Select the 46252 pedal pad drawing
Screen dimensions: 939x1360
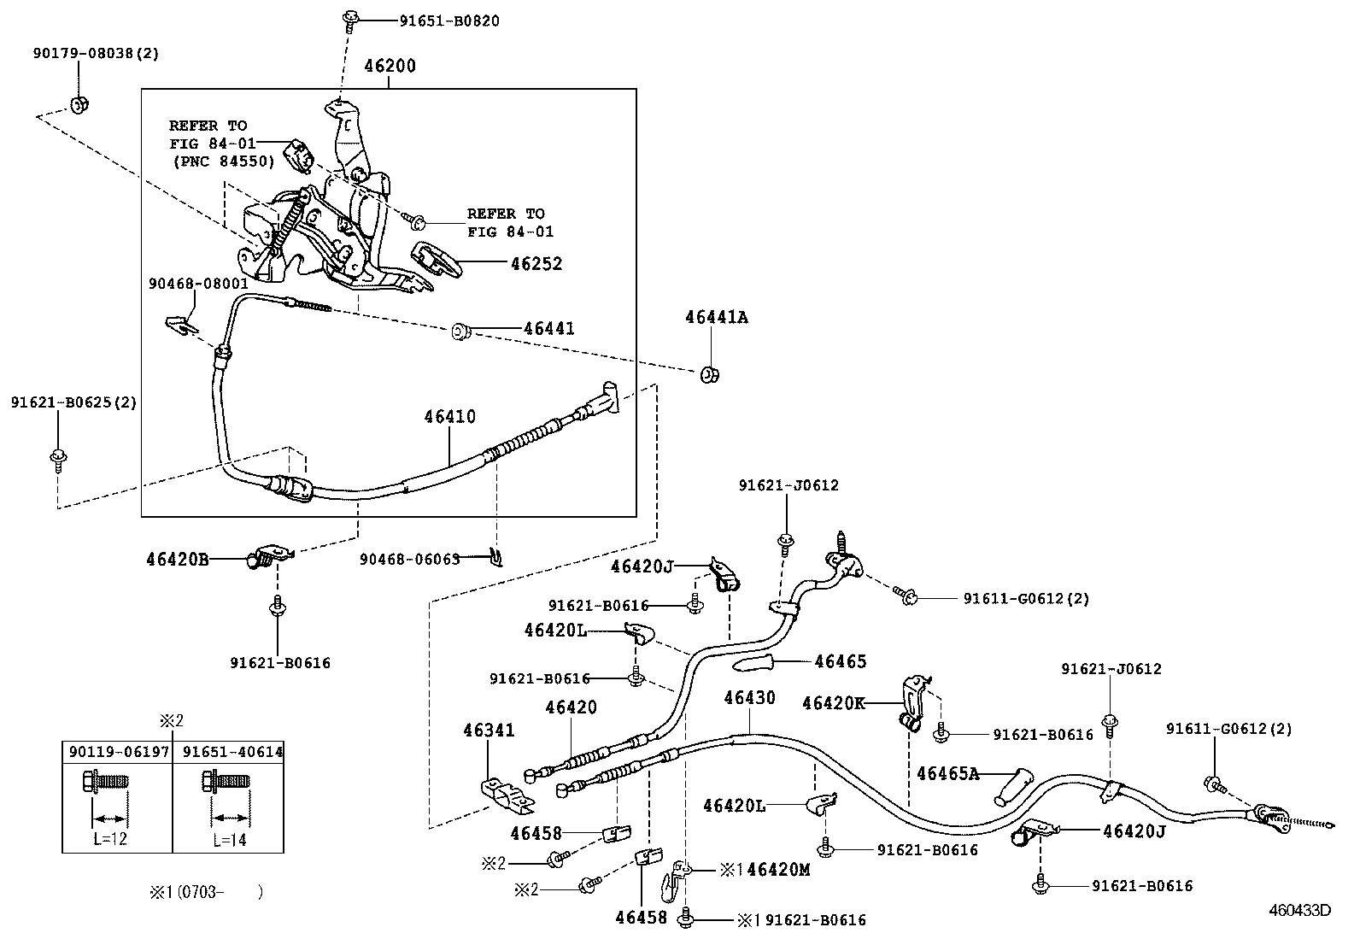click(x=437, y=258)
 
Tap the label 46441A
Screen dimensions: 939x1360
click(x=715, y=317)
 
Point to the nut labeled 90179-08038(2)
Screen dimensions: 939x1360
click(x=79, y=105)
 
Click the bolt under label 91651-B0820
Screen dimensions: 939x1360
click(x=350, y=18)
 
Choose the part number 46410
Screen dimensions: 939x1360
click(x=449, y=417)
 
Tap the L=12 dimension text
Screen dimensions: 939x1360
click(x=110, y=839)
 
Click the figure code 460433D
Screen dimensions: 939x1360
click(x=1298, y=911)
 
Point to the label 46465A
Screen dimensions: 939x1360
click(x=947, y=774)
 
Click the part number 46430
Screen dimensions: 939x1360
click(x=749, y=698)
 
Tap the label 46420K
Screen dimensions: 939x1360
click(x=834, y=703)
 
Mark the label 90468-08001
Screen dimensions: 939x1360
click(x=198, y=283)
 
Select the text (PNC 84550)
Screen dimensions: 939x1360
click(x=223, y=161)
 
